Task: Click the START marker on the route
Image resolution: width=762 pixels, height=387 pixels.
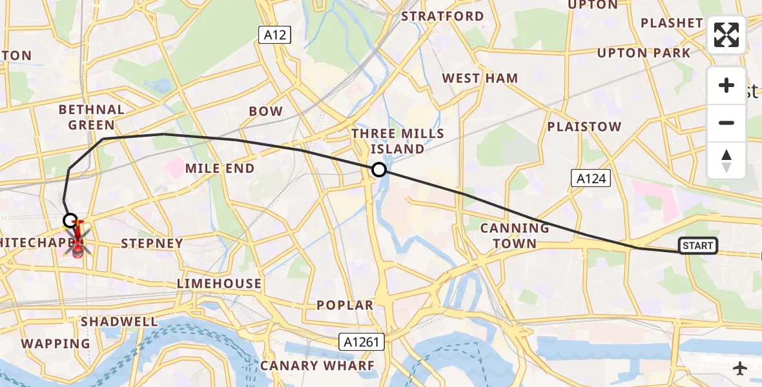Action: pyautogui.click(x=698, y=245)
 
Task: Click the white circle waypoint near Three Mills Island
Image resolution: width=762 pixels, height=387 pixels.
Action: pyautogui.click(x=379, y=170)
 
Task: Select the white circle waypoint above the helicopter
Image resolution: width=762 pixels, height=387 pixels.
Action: pyautogui.click(x=70, y=221)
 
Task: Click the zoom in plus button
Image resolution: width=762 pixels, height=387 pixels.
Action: pyautogui.click(x=726, y=85)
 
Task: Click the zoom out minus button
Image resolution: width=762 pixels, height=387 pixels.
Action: pyautogui.click(x=726, y=123)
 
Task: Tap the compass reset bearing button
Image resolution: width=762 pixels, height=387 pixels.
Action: pyautogui.click(x=726, y=160)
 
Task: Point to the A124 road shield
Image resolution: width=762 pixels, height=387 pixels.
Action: pyautogui.click(x=591, y=178)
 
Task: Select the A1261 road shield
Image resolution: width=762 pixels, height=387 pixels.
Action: pyautogui.click(x=362, y=342)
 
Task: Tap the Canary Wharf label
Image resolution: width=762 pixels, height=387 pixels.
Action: pyautogui.click(x=317, y=366)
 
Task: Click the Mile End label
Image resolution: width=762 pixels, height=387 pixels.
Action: pyautogui.click(x=220, y=168)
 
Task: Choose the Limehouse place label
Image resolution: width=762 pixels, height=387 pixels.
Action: pyautogui.click(x=220, y=283)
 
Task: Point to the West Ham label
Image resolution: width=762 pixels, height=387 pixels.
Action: pyautogui.click(x=480, y=78)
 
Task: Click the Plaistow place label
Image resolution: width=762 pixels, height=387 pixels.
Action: pyautogui.click(x=584, y=126)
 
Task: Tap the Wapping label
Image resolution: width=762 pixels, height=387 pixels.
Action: pyautogui.click(x=56, y=344)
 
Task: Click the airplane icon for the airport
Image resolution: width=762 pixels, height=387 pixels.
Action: pyautogui.click(x=740, y=368)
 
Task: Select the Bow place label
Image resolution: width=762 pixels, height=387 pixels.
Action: pyautogui.click(x=266, y=111)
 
